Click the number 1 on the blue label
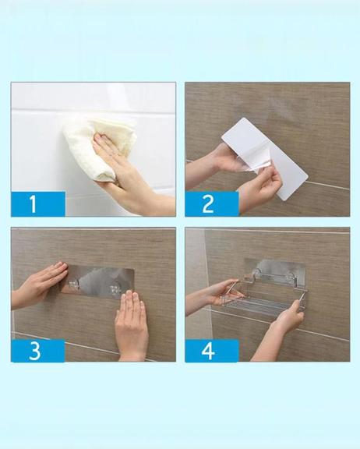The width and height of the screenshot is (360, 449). point(34,203)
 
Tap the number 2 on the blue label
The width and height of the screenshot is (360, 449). point(207,203)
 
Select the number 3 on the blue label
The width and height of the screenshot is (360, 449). point(34,351)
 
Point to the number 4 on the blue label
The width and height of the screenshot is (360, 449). point(208,351)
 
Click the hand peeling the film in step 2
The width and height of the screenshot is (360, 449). point(258,188)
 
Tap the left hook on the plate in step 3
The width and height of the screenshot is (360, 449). point(74,284)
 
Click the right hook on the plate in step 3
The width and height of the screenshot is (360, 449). point(115,289)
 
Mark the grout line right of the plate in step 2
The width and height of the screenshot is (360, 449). point(329,186)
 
